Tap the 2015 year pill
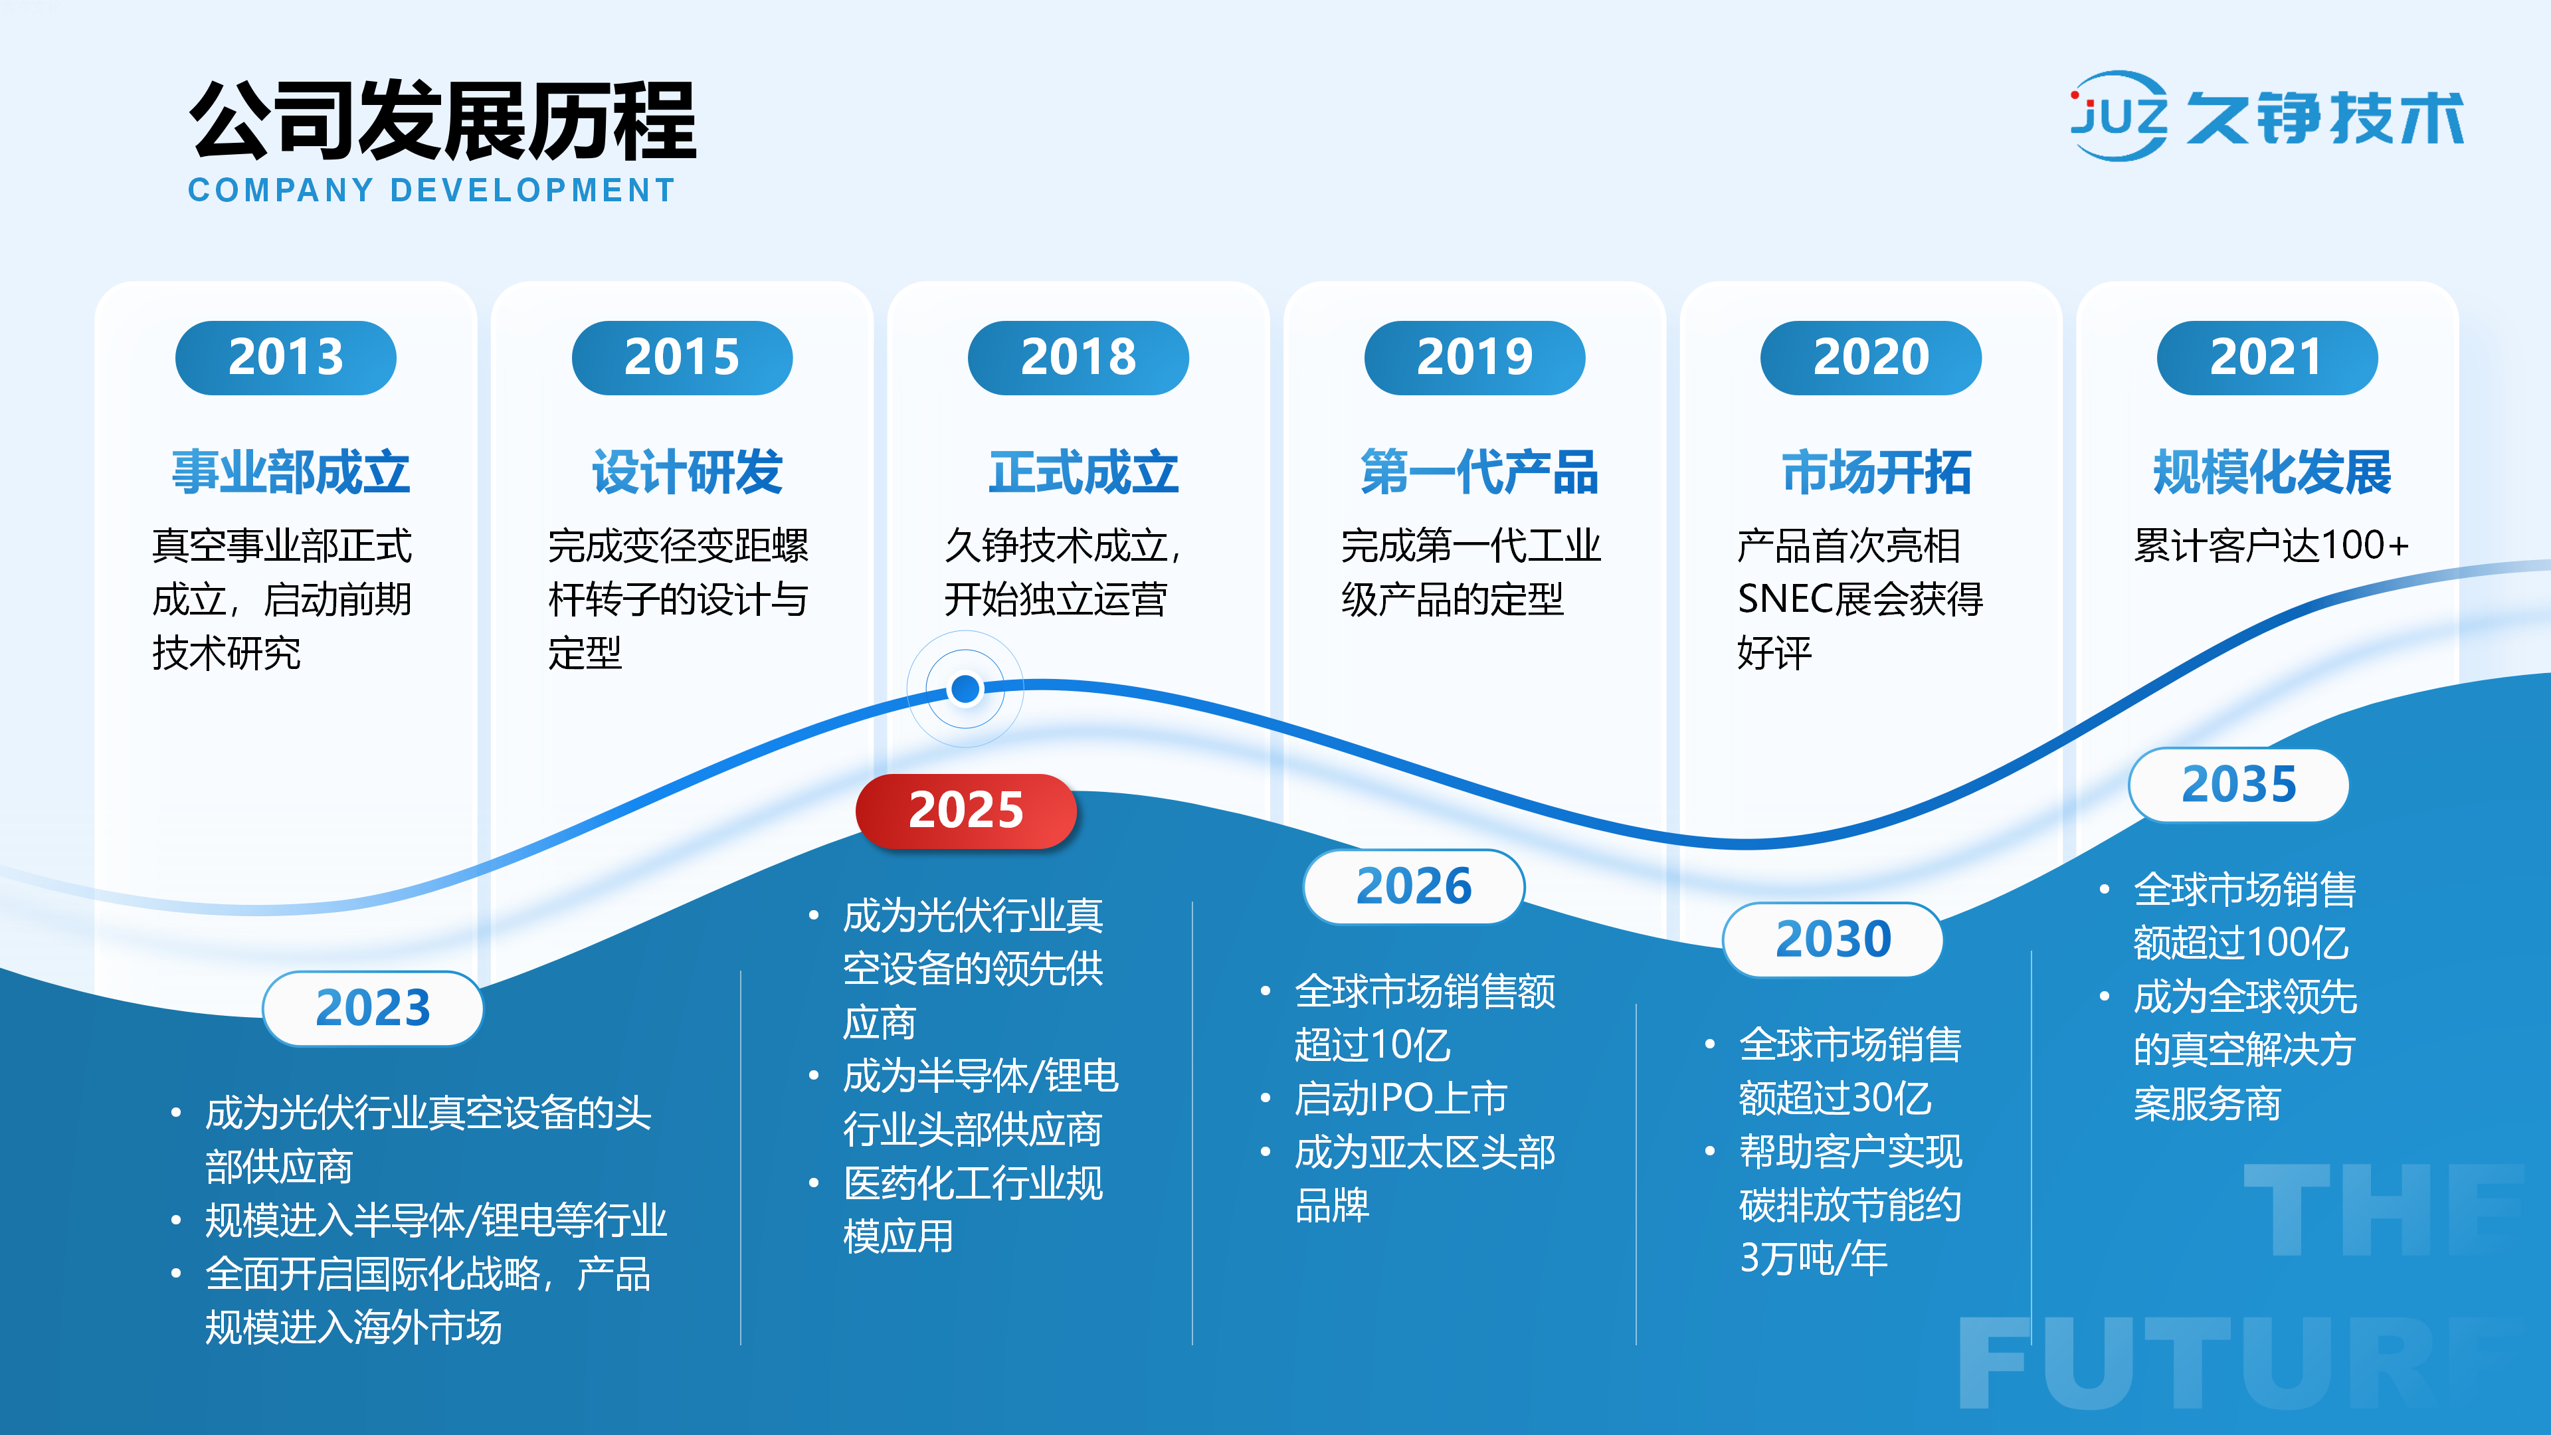(682, 357)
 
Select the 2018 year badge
(1078, 357)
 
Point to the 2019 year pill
(1475, 357)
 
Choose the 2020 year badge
(1871, 357)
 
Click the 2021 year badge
(2267, 357)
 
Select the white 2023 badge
(372, 1008)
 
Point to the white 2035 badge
(2239, 785)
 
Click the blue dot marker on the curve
(965, 688)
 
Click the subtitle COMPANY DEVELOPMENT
(432, 190)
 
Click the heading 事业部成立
(290, 472)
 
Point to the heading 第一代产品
(1479, 472)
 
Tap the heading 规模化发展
(2272, 472)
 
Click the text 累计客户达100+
(2271, 545)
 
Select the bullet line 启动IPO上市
(1401, 1098)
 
